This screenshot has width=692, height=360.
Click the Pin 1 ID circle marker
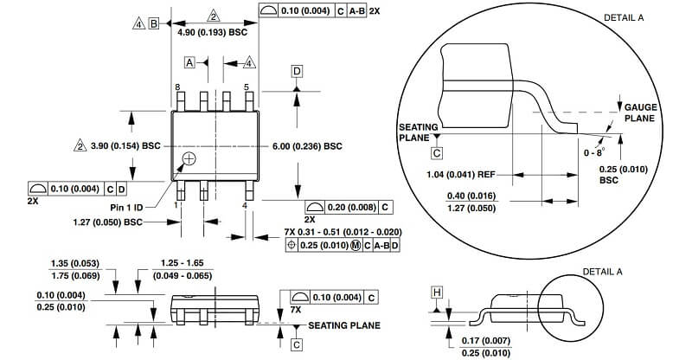pos(189,159)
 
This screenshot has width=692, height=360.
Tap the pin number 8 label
pos(177,87)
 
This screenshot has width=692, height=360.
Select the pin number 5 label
pos(247,87)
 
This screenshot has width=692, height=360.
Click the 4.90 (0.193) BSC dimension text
pos(212,32)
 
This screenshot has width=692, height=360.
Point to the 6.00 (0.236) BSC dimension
pos(307,146)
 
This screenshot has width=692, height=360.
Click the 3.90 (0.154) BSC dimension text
pos(125,145)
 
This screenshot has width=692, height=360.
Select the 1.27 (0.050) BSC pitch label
pos(107,222)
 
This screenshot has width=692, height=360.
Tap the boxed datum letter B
pos(154,23)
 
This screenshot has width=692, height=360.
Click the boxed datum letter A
pos(189,62)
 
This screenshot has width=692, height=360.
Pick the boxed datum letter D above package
pos(297,71)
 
